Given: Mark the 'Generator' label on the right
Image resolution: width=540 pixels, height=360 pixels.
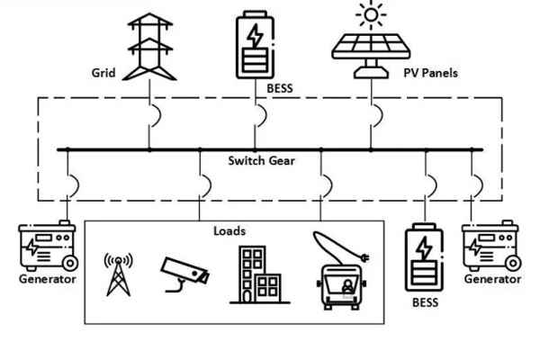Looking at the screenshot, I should click(492, 280).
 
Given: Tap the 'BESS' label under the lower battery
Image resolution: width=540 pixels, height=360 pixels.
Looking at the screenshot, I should click(425, 303).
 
